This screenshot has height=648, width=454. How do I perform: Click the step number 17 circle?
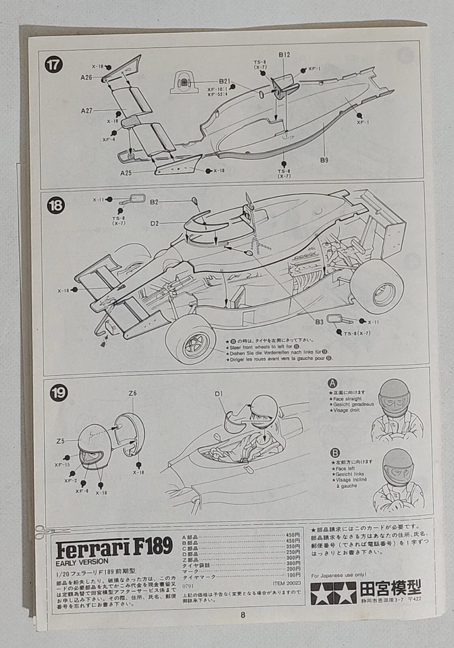(x=53, y=65)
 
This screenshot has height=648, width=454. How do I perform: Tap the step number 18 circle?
(x=55, y=206)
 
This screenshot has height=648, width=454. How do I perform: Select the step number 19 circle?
(x=58, y=393)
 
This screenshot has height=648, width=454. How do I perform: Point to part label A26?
(x=86, y=78)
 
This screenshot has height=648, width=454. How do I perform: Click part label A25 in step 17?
(x=126, y=173)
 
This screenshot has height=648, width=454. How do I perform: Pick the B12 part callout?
(x=284, y=55)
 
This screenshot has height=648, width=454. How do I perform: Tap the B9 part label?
(x=324, y=160)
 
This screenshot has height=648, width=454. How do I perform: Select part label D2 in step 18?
(x=155, y=223)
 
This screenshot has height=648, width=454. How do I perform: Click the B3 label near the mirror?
(x=319, y=323)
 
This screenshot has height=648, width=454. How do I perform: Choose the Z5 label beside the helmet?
(x=61, y=441)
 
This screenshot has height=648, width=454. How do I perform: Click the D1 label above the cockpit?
(x=219, y=394)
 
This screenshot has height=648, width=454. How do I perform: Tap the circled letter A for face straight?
(x=334, y=383)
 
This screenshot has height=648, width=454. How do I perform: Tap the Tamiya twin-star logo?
(x=333, y=593)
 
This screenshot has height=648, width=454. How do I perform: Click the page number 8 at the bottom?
(x=242, y=614)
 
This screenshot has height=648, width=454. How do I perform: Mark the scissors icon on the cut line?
(x=42, y=533)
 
